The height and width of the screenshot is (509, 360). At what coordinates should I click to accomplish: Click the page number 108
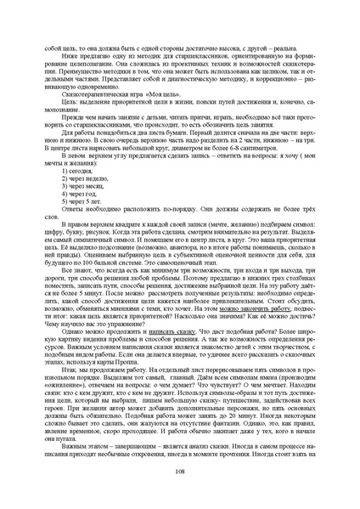click(x=180, y=472)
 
